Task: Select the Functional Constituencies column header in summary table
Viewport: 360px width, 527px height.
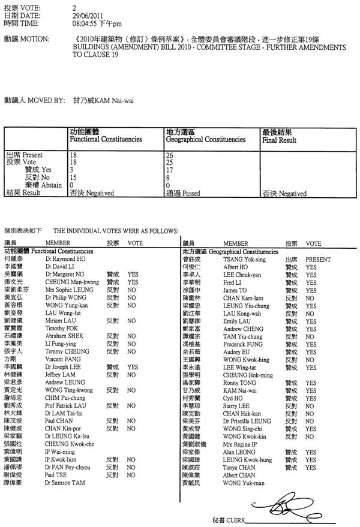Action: (x=106, y=139)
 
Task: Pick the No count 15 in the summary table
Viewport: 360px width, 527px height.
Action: (x=74, y=178)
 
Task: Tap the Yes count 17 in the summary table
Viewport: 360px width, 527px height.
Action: (x=169, y=170)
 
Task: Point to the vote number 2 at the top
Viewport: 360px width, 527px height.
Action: (x=73, y=7)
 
